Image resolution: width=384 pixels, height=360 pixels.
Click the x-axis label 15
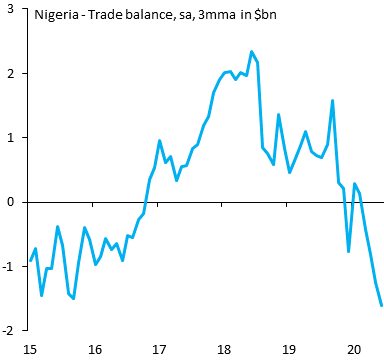[x=30, y=349]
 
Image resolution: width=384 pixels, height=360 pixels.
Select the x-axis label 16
[x=95, y=349]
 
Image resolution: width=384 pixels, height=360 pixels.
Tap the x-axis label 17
[x=159, y=349]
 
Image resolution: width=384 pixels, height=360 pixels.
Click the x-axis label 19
[x=288, y=349]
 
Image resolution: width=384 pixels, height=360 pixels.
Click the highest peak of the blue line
[x=251, y=51]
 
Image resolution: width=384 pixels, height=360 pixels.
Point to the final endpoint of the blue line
[x=381, y=306]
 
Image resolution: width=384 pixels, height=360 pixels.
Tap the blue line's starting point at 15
[x=31, y=260]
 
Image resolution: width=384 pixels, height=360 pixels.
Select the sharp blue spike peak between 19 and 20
[x=332, y=100]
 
